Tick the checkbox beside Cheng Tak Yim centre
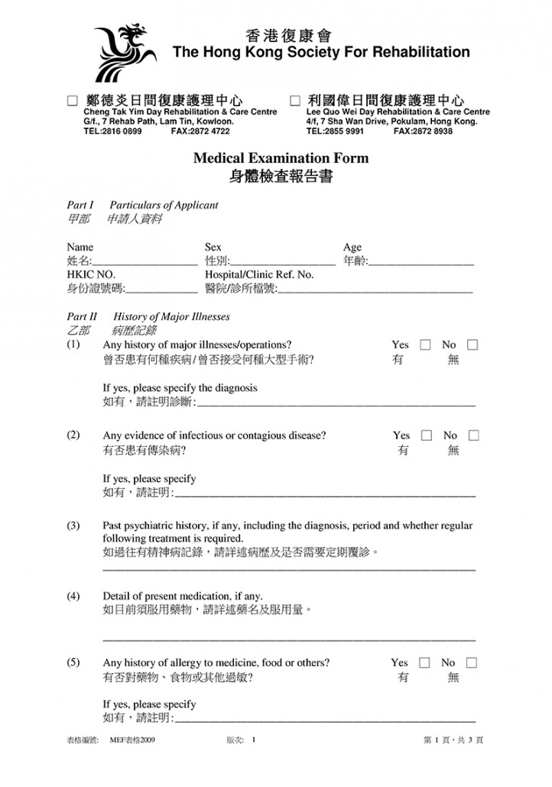click(x=73, y=100)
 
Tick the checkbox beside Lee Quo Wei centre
click(x=295, y=100)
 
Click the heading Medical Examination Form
click(x=281, y=159)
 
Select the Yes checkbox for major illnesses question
click(x=426, y=345)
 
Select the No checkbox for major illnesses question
click(x=473, y=345)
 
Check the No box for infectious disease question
click(x=473, y=436)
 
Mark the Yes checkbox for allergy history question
click(x=426, y=662)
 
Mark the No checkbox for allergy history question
click(x=473, y=662)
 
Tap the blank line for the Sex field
click(x=283, y=264)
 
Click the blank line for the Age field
click(x=421, y=264)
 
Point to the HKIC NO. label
click(x=91, y=274)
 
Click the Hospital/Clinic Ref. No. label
click(x=259, y=274)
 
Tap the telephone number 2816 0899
click(x=121, y=131)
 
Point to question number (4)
click(x=73, y=595)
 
